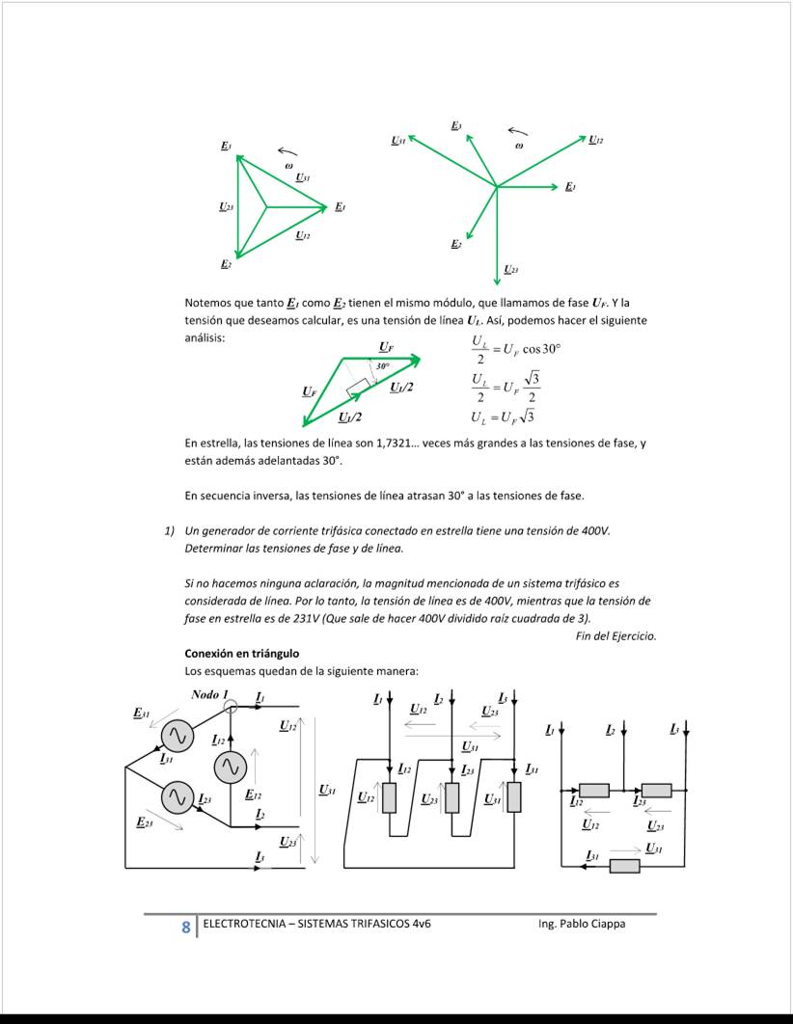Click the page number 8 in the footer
185,927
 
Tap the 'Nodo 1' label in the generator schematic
209,694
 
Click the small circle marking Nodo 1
230,707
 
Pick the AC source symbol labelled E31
176,736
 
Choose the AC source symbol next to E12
230,768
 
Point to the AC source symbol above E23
177,797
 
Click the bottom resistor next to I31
624,865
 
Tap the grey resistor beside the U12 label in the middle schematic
390,797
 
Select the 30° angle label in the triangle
382,367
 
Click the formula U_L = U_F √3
503,417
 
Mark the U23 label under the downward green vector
511,269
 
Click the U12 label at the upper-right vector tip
596,141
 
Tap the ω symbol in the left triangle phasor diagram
287,166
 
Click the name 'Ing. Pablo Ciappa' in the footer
582,924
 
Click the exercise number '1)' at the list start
169,531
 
